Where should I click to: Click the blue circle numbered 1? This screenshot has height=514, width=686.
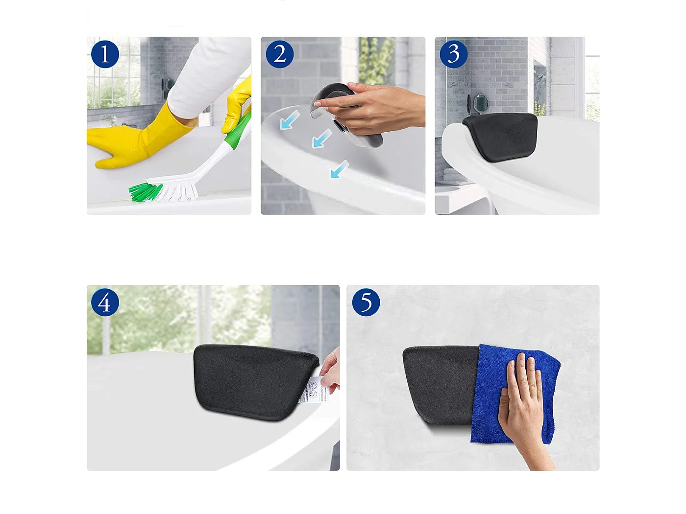(105, 54)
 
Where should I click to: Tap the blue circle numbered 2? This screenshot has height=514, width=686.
(279, 54)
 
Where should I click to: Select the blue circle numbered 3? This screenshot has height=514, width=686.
(453, 54)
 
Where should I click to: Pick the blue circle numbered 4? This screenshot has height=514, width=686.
(105, 303)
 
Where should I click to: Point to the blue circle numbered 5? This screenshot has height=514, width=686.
(366, 303)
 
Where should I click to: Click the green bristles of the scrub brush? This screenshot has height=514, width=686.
(145, 192)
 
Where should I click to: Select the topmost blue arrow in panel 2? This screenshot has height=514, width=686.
(290, 120)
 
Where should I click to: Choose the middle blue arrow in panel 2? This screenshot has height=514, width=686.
(321, 139)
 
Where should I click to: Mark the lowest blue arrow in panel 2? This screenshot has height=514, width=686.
(339, 170)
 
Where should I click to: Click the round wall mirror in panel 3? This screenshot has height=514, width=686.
(480, 103)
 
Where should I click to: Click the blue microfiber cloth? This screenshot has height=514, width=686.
(490, 392)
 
